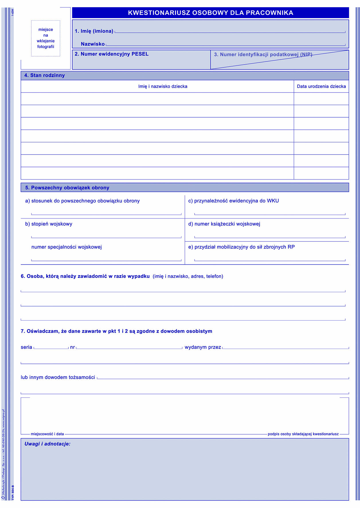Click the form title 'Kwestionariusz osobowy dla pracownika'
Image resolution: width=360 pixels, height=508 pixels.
click(210, 13)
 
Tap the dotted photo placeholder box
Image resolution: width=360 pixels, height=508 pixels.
click(46, 38)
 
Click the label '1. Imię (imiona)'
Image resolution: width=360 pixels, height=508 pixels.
click(94, 31)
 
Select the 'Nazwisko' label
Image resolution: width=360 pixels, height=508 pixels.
click(93, 44)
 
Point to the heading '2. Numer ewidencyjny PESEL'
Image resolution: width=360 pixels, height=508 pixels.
click(111, 54)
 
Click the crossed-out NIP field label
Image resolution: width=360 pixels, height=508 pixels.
click(263, 54)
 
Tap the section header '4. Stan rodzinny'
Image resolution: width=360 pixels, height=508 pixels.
click(44, 75)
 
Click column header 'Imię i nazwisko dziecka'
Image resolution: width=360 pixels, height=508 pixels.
click(163, 86)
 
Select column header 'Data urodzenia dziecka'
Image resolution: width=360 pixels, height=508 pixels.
click(321, 86)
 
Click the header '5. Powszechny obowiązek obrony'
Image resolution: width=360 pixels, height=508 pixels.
click(67, 188)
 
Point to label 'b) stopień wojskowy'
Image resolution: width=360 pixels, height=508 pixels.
click(49, 224)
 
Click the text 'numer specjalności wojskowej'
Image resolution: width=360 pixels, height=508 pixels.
click(66, 247)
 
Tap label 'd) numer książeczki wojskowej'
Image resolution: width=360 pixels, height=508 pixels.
click(224, 224)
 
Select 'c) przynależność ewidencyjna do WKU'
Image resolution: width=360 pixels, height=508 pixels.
click(233, 201)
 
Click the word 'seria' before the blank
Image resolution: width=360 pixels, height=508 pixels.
click(26, 347)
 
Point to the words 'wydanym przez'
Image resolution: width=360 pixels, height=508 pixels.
click(203, 347)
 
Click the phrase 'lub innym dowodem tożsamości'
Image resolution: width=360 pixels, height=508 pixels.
click(58, 377)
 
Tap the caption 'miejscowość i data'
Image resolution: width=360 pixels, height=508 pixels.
click(47, 434)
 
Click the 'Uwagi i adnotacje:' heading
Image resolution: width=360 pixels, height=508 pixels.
click(47, 444)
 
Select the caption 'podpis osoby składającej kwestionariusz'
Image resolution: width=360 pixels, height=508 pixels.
click(303, 434)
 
